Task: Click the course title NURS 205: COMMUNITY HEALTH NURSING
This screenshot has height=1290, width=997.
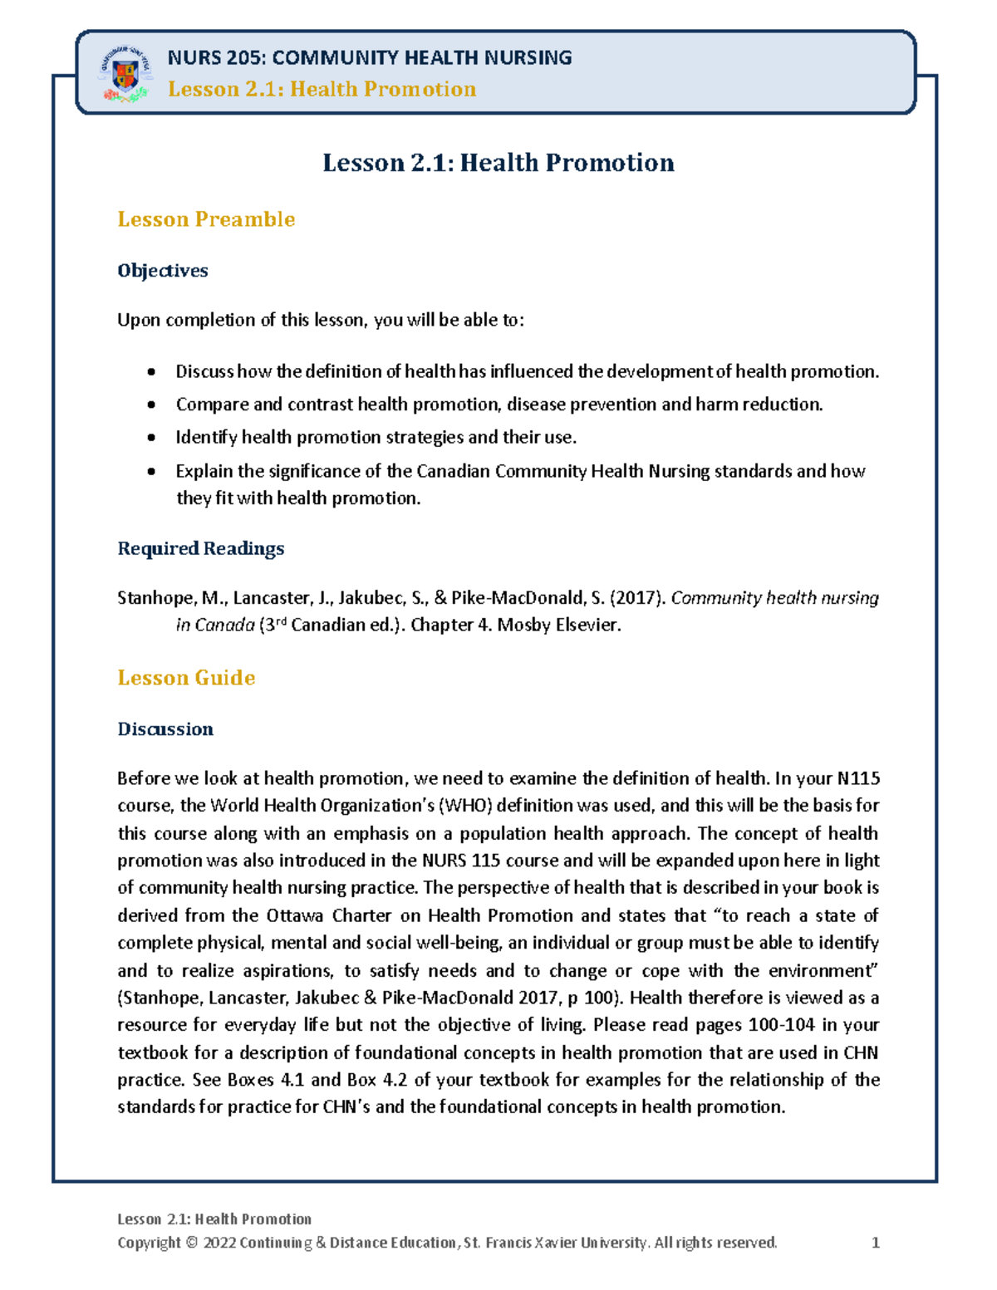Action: pos(369,57)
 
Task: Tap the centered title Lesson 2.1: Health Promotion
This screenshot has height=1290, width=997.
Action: pos(498,163)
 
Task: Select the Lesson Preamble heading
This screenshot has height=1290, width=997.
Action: pos(206,219)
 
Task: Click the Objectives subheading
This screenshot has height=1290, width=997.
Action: pos(163,271)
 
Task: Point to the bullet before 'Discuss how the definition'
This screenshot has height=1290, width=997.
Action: pos(151,372)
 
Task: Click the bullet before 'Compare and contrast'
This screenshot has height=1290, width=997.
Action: pos(151,405)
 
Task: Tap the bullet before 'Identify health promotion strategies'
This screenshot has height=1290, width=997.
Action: pos(151,438)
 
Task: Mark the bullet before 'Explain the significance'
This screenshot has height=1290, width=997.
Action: pos(151,472)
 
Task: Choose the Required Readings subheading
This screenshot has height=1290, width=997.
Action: pos(200,548)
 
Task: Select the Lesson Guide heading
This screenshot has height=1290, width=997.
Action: pos(186,678)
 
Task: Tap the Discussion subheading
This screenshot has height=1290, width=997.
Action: pos(165,729)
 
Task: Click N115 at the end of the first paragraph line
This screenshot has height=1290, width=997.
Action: pos(858,778)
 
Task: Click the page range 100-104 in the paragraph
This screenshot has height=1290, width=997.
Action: pos(781,1025)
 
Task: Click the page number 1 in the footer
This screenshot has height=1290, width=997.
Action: pos(875,1243)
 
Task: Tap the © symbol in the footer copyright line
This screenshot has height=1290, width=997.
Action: pos(192,1243)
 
